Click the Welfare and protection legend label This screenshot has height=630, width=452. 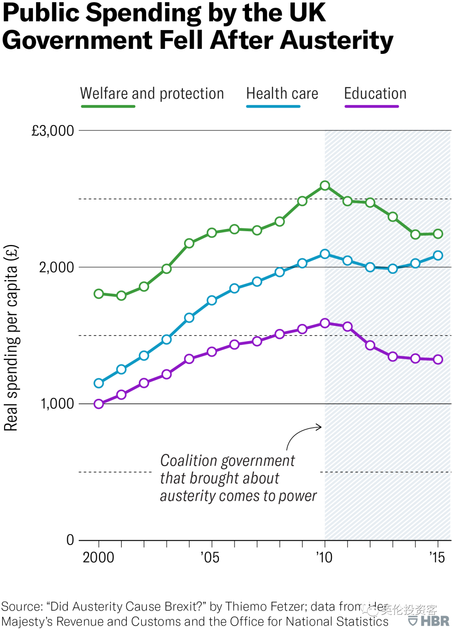pyautogui.click(x=152, y=93)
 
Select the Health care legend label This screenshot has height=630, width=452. pyautogui.click(x=282, y=93)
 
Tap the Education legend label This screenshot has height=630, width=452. pyautogui.click(x=375, y=93)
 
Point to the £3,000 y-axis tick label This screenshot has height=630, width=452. pyautogui.click(x=53, y=131)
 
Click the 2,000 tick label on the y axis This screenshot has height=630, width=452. pyautogui.click(x=56, y=267)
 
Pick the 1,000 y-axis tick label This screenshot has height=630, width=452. pyautogui.click(x=57, y=404)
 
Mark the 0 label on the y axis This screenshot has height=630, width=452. pyautogui.click(x=70, y=540)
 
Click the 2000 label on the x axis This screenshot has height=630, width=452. pyautogui.click(x=98, y=558)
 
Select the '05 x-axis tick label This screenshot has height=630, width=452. pyautogui.click(x=210, y=558)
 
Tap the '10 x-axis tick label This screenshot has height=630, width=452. pyautogui.click(x=324, y=558)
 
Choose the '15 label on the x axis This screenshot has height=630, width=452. pyautogui.click(x=437, y=558)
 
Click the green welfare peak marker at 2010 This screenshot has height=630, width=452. pyautogui.click(x=325, y=186)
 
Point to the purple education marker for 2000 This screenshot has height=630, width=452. pyautogui.click(x=99, y=404)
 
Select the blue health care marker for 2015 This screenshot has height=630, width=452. pyautogui.click(x=438, y=255)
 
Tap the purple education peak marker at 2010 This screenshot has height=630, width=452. pyautogui.click(x=325, y=323)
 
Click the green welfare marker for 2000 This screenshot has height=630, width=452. pyautogui.click(x=99, y=294)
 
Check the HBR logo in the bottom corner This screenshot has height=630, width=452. pyautogui.click(x=429, y=620)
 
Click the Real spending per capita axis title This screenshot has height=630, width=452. pyautogui.click(x=11, y=338)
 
